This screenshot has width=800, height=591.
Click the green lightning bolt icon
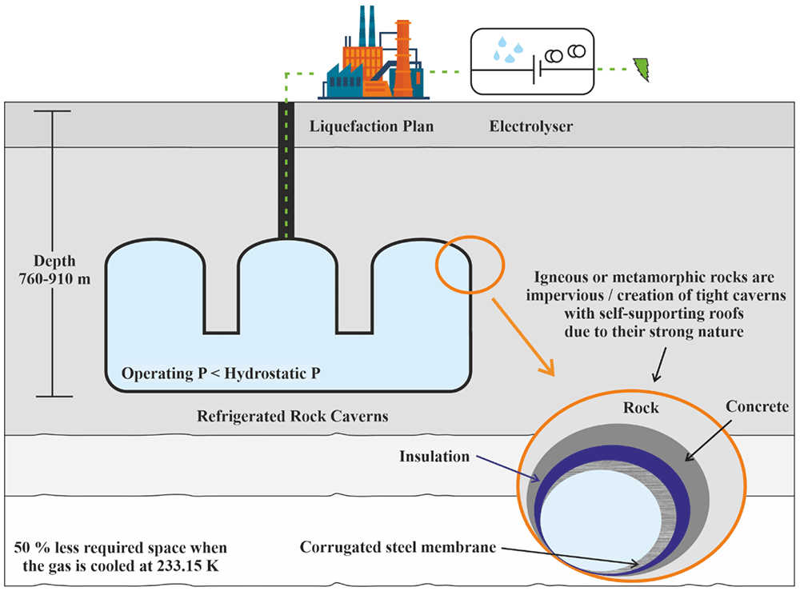pos(642,70)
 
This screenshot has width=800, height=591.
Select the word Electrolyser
pos(531,126)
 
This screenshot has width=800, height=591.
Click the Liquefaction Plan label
pos(371,126)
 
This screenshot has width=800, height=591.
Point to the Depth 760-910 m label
pos(54,270)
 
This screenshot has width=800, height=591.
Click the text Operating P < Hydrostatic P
pos(221,373)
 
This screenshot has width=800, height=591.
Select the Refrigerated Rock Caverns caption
pos(292,416)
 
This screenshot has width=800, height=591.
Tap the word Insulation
pos(434,456)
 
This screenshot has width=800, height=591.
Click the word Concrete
pos(757,406)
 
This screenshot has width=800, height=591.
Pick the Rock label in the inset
pos(641,407)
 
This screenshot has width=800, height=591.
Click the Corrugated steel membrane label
pos(398,547)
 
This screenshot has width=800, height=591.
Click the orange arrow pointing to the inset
pos(523,337)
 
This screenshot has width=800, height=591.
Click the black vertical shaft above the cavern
pos(286,170)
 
